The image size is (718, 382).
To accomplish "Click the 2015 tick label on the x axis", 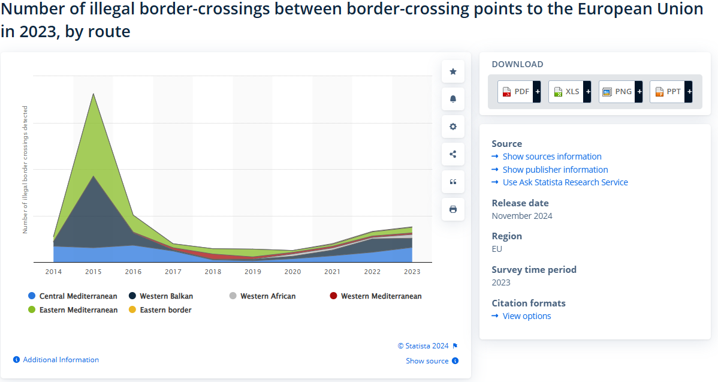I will (x=93, y=272).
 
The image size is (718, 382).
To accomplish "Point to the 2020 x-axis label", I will (x=292, y=272).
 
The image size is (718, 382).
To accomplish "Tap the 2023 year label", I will (x=412, y=272).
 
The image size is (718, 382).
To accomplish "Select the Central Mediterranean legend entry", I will (x=73, y=296).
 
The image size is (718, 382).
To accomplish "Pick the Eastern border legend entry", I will (x=160, y=310).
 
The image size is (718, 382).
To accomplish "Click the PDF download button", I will (x=519, y=92).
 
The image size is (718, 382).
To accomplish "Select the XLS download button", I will (x=570, y=92).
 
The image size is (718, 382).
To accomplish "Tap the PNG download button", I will (x=620, y=92).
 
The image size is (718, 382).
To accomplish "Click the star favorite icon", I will (x=453, y=71).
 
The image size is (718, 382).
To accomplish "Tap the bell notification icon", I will (x=453, y=99).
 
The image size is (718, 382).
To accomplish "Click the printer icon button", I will (x=453, y=209).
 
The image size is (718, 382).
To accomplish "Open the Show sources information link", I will (x=551, y=157).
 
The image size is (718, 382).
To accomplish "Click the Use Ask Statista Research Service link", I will (x=565, y=182).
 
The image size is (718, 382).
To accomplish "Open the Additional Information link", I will (x=61, y=360).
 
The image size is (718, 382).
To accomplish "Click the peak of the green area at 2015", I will (x=93, y=94).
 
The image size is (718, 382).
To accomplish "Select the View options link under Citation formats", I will (x=526, y=316).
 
